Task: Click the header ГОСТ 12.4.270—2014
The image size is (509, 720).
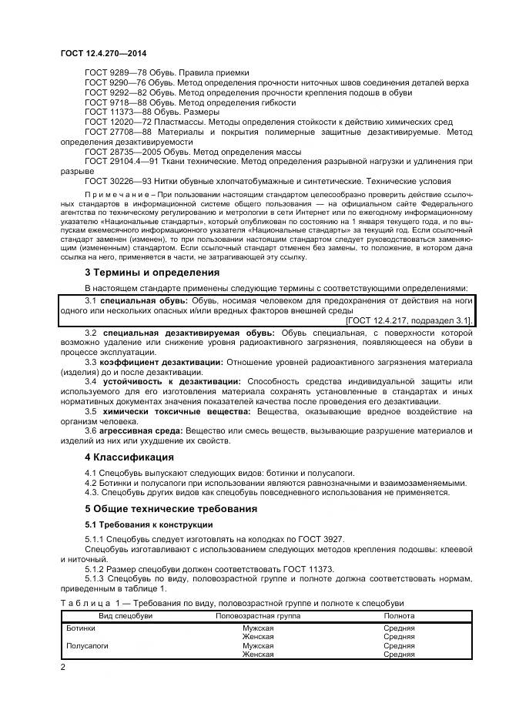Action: [103, 53]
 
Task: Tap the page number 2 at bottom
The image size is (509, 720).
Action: [63, 666]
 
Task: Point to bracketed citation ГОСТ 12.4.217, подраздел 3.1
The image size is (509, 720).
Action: [410, 320]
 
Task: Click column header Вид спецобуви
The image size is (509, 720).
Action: [125, 616]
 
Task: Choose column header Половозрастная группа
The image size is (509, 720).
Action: [258, 616]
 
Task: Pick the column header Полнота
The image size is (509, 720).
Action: [399, 616]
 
